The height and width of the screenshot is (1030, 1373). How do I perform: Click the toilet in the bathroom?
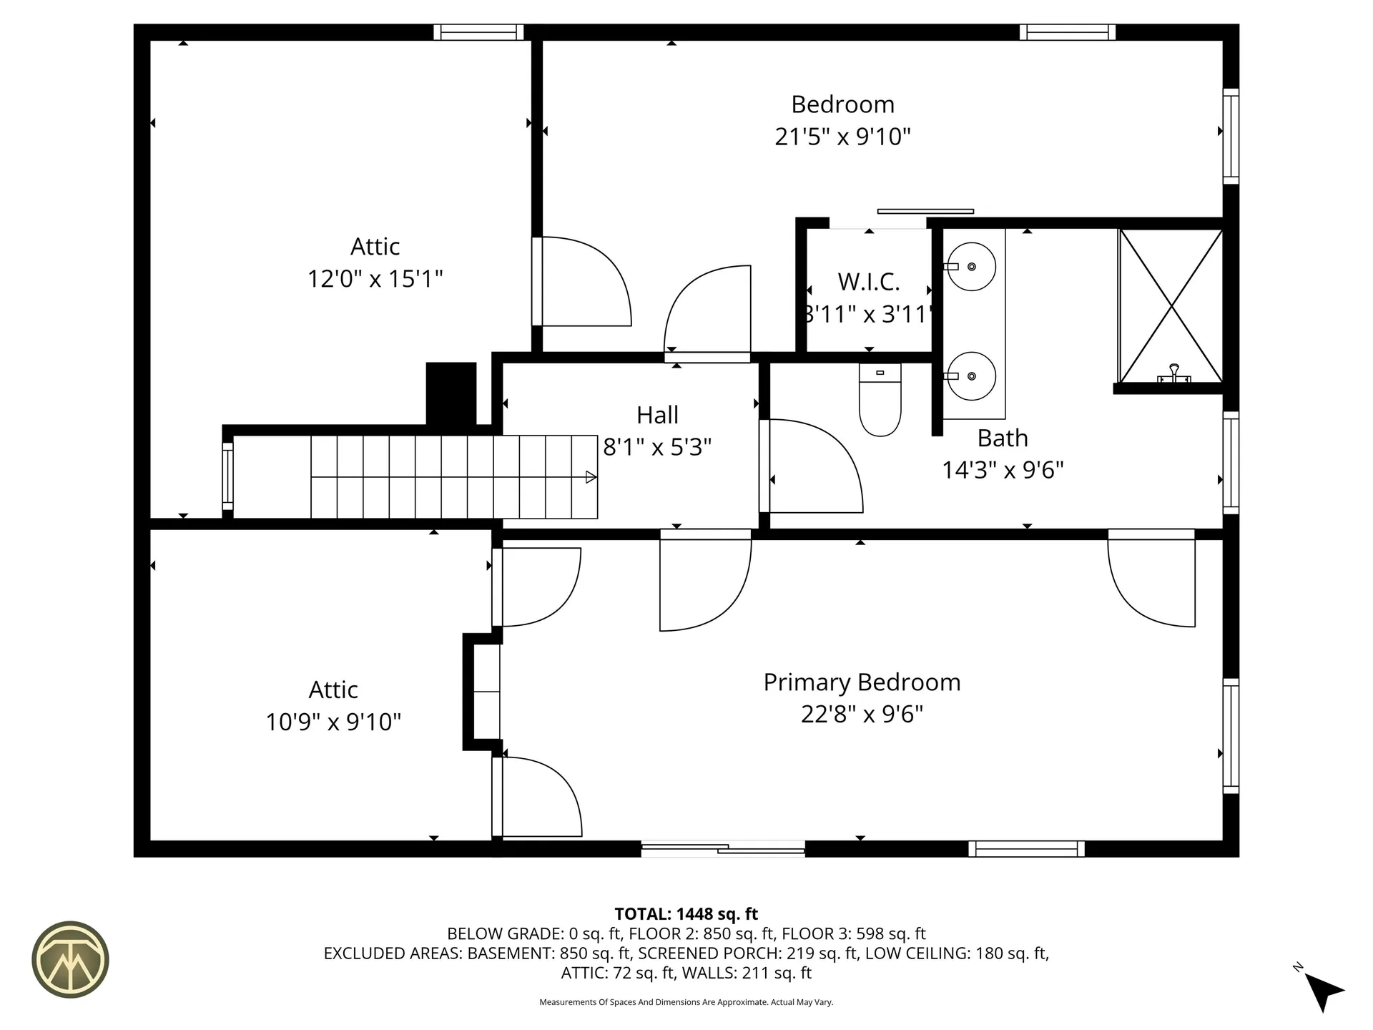(880, 404)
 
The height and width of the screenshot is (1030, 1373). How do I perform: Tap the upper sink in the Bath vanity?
(970, 267)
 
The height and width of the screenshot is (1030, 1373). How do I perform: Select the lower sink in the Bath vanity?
(970, 376)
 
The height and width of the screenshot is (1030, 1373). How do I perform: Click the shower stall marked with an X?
(1171, 306)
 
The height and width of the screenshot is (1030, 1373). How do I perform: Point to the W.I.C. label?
(869, 282)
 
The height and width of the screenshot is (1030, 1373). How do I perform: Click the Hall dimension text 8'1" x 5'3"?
(657, 448)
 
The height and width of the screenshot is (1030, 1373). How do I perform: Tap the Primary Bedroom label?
(862, 682)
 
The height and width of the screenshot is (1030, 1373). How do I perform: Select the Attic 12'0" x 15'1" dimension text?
(375, 278)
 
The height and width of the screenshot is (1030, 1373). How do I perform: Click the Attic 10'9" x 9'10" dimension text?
(333, 722)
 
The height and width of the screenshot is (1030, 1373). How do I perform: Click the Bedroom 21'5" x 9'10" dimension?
(842, 137)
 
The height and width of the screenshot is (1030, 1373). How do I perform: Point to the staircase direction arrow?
(591, 477)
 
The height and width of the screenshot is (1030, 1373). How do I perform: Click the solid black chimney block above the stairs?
(451, 393)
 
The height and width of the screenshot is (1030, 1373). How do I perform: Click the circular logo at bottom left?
(70, 959)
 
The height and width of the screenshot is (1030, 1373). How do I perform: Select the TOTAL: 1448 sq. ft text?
(686, 914)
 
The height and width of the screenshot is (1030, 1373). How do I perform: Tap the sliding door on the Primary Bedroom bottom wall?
(723, 848)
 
